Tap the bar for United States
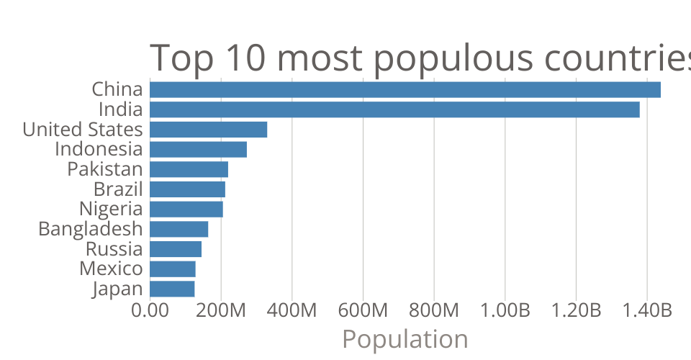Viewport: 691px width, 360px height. [209, 130]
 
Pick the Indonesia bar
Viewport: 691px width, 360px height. [199, 150]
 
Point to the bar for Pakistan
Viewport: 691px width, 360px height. [189, 169]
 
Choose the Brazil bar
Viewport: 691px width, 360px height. [188, 189]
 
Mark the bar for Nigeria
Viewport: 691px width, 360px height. [186, 210]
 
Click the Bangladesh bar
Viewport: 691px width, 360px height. [179, 229]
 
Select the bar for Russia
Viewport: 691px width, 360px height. [176, 249]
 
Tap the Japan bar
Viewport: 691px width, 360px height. [173, 289]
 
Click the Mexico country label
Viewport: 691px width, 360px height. [111, 269]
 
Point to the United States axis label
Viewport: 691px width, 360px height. [83, 130]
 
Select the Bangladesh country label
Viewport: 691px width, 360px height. [91, 229]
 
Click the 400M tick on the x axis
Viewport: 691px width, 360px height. [292, 311]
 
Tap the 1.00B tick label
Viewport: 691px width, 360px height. [505, 311]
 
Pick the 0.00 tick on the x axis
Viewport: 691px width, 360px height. [150, 311]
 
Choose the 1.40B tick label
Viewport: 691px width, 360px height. [646, 311]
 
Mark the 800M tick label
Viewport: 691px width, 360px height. [434, 311]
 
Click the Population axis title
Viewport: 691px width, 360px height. [405, 338]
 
